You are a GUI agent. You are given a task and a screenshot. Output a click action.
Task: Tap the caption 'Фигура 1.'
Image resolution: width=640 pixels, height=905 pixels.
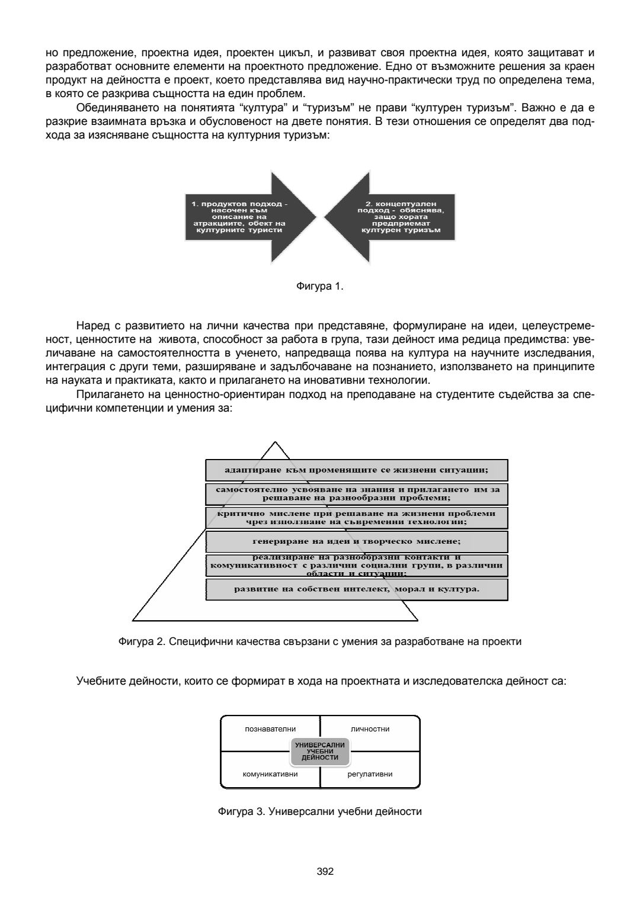(x=319, y=287)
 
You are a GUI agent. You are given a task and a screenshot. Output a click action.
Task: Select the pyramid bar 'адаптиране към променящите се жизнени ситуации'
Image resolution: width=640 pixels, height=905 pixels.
(x=356, y=470)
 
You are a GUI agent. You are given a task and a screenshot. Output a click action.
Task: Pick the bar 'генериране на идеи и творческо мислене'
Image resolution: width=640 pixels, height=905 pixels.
(x=356, y=541)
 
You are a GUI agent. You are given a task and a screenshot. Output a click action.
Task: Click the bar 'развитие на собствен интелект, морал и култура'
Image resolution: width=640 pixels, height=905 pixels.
(x=356, y=589)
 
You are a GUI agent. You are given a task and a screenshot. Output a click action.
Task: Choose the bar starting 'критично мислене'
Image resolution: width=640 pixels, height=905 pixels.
(x=356, y=517)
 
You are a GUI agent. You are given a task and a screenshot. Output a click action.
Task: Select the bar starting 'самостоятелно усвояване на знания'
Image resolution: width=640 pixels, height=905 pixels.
(x=356, y=493)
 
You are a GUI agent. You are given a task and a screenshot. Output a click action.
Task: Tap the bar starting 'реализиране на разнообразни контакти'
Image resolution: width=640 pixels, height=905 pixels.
(x=356, y=565)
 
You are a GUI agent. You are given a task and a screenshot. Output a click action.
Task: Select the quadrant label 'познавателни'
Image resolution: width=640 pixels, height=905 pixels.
(x=270, y=729)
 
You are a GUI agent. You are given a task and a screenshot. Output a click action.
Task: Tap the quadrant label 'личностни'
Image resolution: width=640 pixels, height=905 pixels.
(x=370, y=729)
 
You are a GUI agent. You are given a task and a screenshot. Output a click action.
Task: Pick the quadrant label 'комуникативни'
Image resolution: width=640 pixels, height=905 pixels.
(x=270, y=774)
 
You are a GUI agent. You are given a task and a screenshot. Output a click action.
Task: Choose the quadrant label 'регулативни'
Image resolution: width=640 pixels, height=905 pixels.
(x=370, y=774)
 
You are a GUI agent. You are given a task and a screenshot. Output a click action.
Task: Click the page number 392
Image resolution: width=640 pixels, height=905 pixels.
(x=325, y=871)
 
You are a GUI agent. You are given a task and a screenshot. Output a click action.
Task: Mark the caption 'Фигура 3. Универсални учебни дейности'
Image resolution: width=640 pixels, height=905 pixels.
(x=319, y=811)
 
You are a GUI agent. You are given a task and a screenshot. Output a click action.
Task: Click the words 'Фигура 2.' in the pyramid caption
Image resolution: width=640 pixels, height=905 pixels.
(x=138, y=641)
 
